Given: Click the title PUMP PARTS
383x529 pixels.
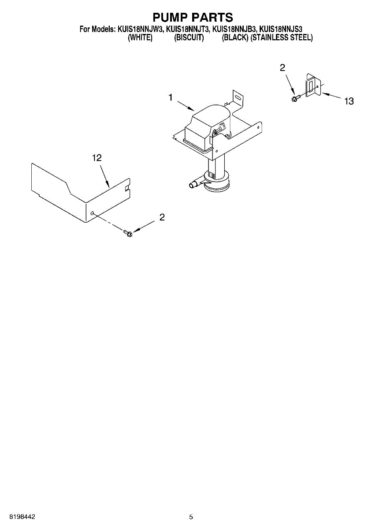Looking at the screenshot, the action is point(192,18).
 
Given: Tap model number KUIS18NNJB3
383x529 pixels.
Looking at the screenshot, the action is point(234,30).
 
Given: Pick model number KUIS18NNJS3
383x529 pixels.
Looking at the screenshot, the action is point(281,30).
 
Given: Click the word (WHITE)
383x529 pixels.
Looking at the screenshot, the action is point(140,38).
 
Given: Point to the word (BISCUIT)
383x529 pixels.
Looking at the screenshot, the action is point(189,38).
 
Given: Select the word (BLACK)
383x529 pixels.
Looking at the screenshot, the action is point(235,38).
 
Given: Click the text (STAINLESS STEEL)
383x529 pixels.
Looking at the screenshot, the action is point(282,38).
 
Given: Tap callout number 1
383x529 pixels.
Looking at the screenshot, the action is point(171,98).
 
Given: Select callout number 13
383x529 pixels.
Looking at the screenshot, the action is point(349,101).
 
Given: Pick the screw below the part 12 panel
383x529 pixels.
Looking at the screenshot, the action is point(128,232).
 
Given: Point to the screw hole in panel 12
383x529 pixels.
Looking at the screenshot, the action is point(92,213).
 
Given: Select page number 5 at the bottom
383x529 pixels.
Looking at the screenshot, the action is point(191,517).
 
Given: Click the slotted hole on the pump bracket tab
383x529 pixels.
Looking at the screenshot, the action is point(238,97).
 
